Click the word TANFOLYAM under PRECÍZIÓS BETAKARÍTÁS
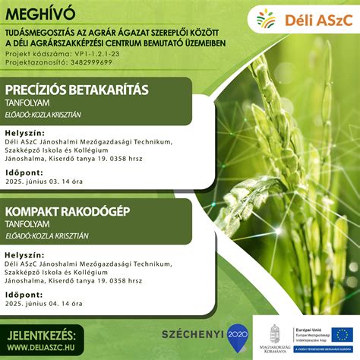pyautogui.click(x=29, y=105)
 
